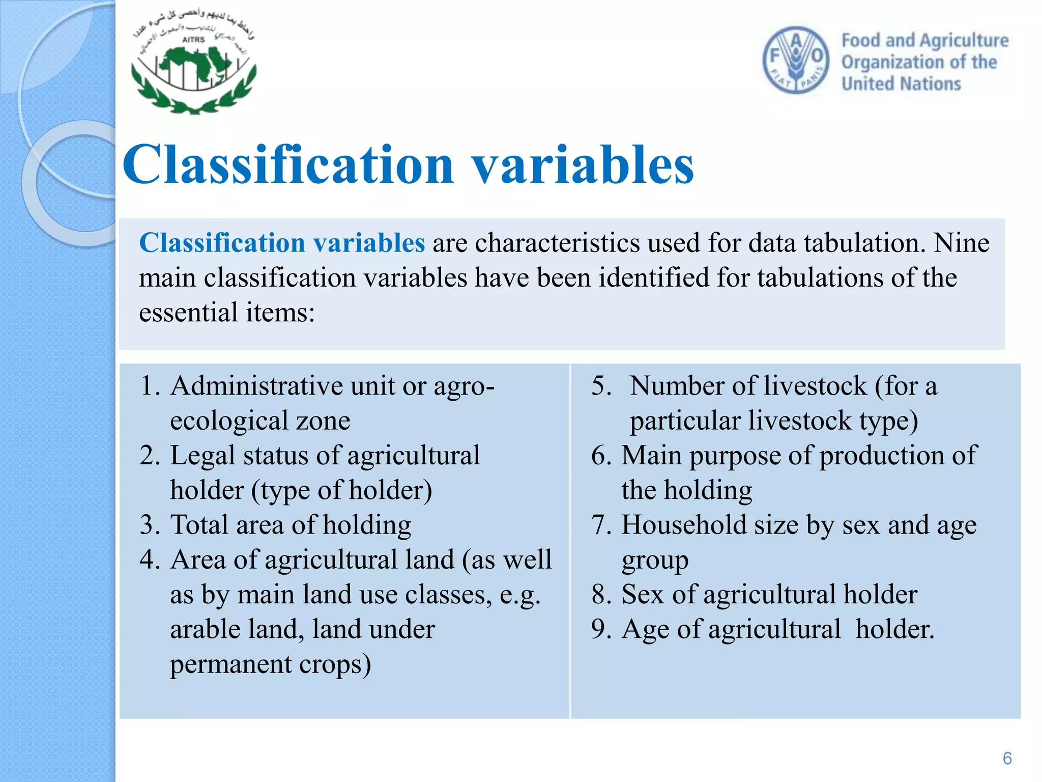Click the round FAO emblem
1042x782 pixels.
coord(796,60)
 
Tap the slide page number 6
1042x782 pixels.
coord(1007,758)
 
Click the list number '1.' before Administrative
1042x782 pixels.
coord(150,386)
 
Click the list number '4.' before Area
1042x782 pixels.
coord(150,560)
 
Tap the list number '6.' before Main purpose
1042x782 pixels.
coord(601,455)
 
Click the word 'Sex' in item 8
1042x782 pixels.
coord(643,594)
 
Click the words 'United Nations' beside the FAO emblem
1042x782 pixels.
coord(901,83)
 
